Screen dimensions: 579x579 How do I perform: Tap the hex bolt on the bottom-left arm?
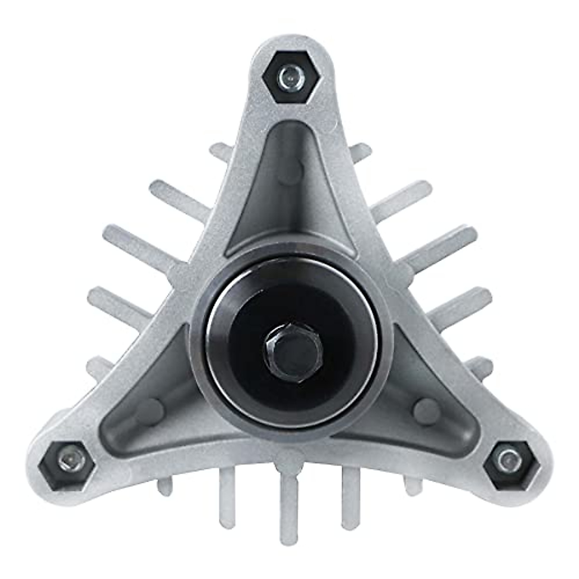66,461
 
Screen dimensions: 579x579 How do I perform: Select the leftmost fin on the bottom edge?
165,487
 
